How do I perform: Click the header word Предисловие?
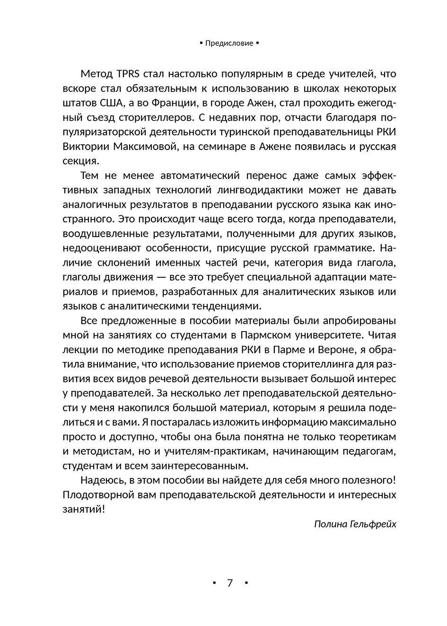point(229,43)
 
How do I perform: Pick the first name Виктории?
point(86,147)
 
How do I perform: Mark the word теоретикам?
point(368,437)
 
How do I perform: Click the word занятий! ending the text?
point(84,510)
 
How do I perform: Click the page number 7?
point(230,582)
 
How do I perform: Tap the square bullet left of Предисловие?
point(201,43)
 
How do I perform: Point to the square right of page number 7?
point(246,583)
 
